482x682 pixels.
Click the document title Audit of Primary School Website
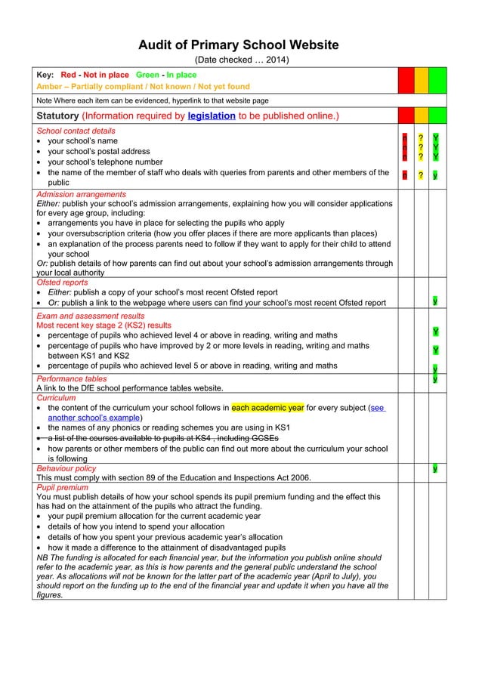(x=238, y=45)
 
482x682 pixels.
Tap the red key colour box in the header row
(x=406, y=80)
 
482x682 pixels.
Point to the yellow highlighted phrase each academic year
(x=267, y=407)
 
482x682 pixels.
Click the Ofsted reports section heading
(x=62, y=282)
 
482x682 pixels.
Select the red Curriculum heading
(x=57, y=397)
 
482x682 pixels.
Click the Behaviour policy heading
(x=66, y=468)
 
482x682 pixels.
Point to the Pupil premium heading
(x=63, y=488)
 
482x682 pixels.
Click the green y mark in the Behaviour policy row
(x=435, y=468)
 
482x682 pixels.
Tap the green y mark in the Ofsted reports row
(x=435, y=301)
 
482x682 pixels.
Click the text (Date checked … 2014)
(x=242, y=60)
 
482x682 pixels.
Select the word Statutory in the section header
(x=57, y=116)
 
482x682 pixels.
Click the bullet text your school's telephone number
(x=105, y=162)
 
